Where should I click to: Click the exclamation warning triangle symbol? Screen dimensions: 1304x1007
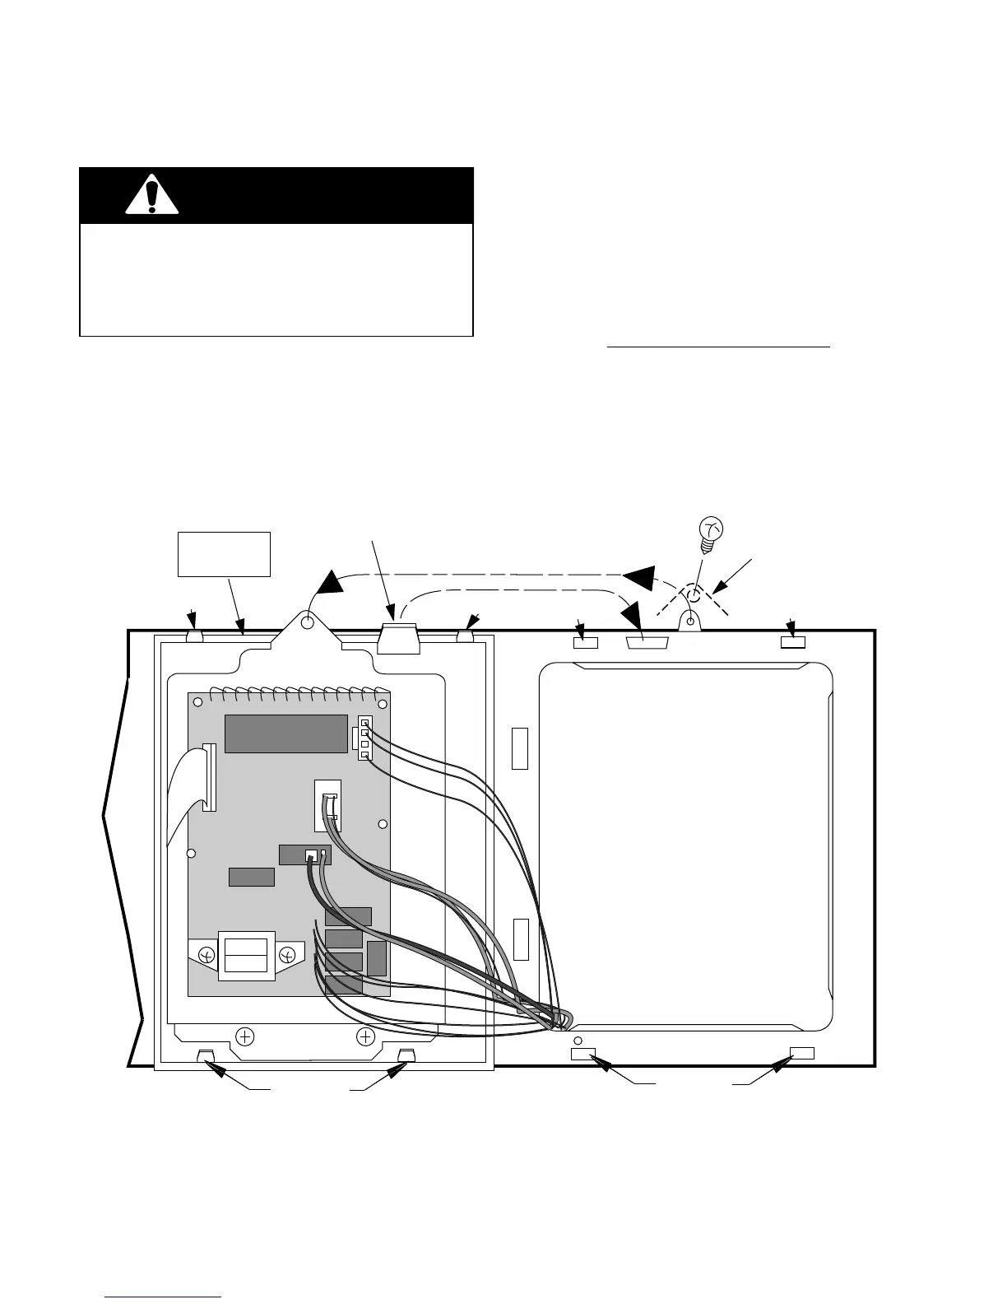(151, 195)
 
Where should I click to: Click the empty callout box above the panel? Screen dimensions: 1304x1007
(224, 554)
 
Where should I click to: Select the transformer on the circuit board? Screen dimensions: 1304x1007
(246, 955)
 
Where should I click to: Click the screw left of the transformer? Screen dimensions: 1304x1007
(207, 955)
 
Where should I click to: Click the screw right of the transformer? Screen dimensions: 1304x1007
(287, 955)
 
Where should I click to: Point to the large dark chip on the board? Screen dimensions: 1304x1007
(285, 733)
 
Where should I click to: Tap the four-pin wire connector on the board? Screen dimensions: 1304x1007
(364, 738)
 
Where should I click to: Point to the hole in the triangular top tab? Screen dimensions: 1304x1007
(308, 622)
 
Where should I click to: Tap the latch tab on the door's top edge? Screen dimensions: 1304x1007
(398, 638)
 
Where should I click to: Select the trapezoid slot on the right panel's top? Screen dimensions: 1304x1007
(644, 642)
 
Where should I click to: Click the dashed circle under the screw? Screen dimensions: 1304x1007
(694, 594)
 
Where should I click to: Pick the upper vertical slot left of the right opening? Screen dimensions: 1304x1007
(519, 747)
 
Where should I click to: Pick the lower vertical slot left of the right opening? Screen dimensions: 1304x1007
(519, 938)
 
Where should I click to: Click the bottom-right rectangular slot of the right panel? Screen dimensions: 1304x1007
(801, 1053)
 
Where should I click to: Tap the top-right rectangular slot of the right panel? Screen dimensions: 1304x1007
(793, 641)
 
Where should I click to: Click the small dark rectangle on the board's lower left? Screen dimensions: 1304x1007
(251, 877)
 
